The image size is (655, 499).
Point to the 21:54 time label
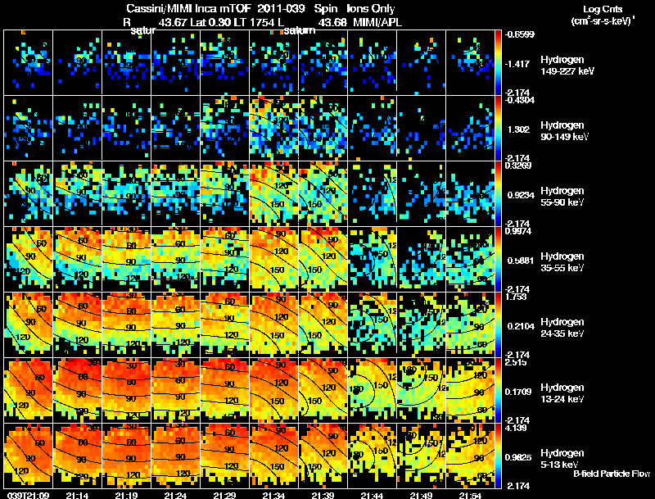coord(470,495)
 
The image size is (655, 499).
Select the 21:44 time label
coord(372,495)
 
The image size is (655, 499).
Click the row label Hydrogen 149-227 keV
coord(566,66)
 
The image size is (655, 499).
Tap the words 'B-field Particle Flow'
coord(612,474)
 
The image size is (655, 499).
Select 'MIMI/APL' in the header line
coord(376,21)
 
